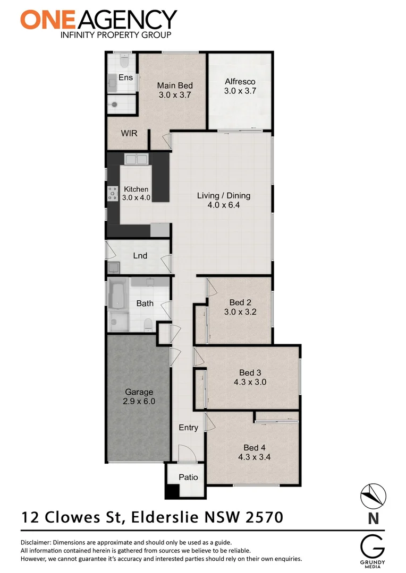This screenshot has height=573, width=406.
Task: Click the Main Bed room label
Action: [x=174, y=85]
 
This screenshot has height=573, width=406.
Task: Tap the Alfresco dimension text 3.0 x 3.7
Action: [x=240, y=91]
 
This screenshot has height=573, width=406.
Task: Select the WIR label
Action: [x=129, y=133]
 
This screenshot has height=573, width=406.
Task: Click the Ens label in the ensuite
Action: [x=125, y=77]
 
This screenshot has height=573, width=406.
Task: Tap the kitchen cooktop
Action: [x=113, y=193]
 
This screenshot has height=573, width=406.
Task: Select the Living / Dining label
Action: [x=223, y=195]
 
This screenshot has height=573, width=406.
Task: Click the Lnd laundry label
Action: [x=140, y=256]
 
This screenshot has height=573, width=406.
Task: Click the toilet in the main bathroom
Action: [x=149, y=325]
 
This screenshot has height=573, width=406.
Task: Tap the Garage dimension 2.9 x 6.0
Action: [x=139, y=402]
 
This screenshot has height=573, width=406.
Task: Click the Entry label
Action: [x=188, y=428]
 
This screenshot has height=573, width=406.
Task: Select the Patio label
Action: [x=188, y=477]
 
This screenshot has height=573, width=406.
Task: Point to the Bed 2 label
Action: [x=240, y=302]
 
